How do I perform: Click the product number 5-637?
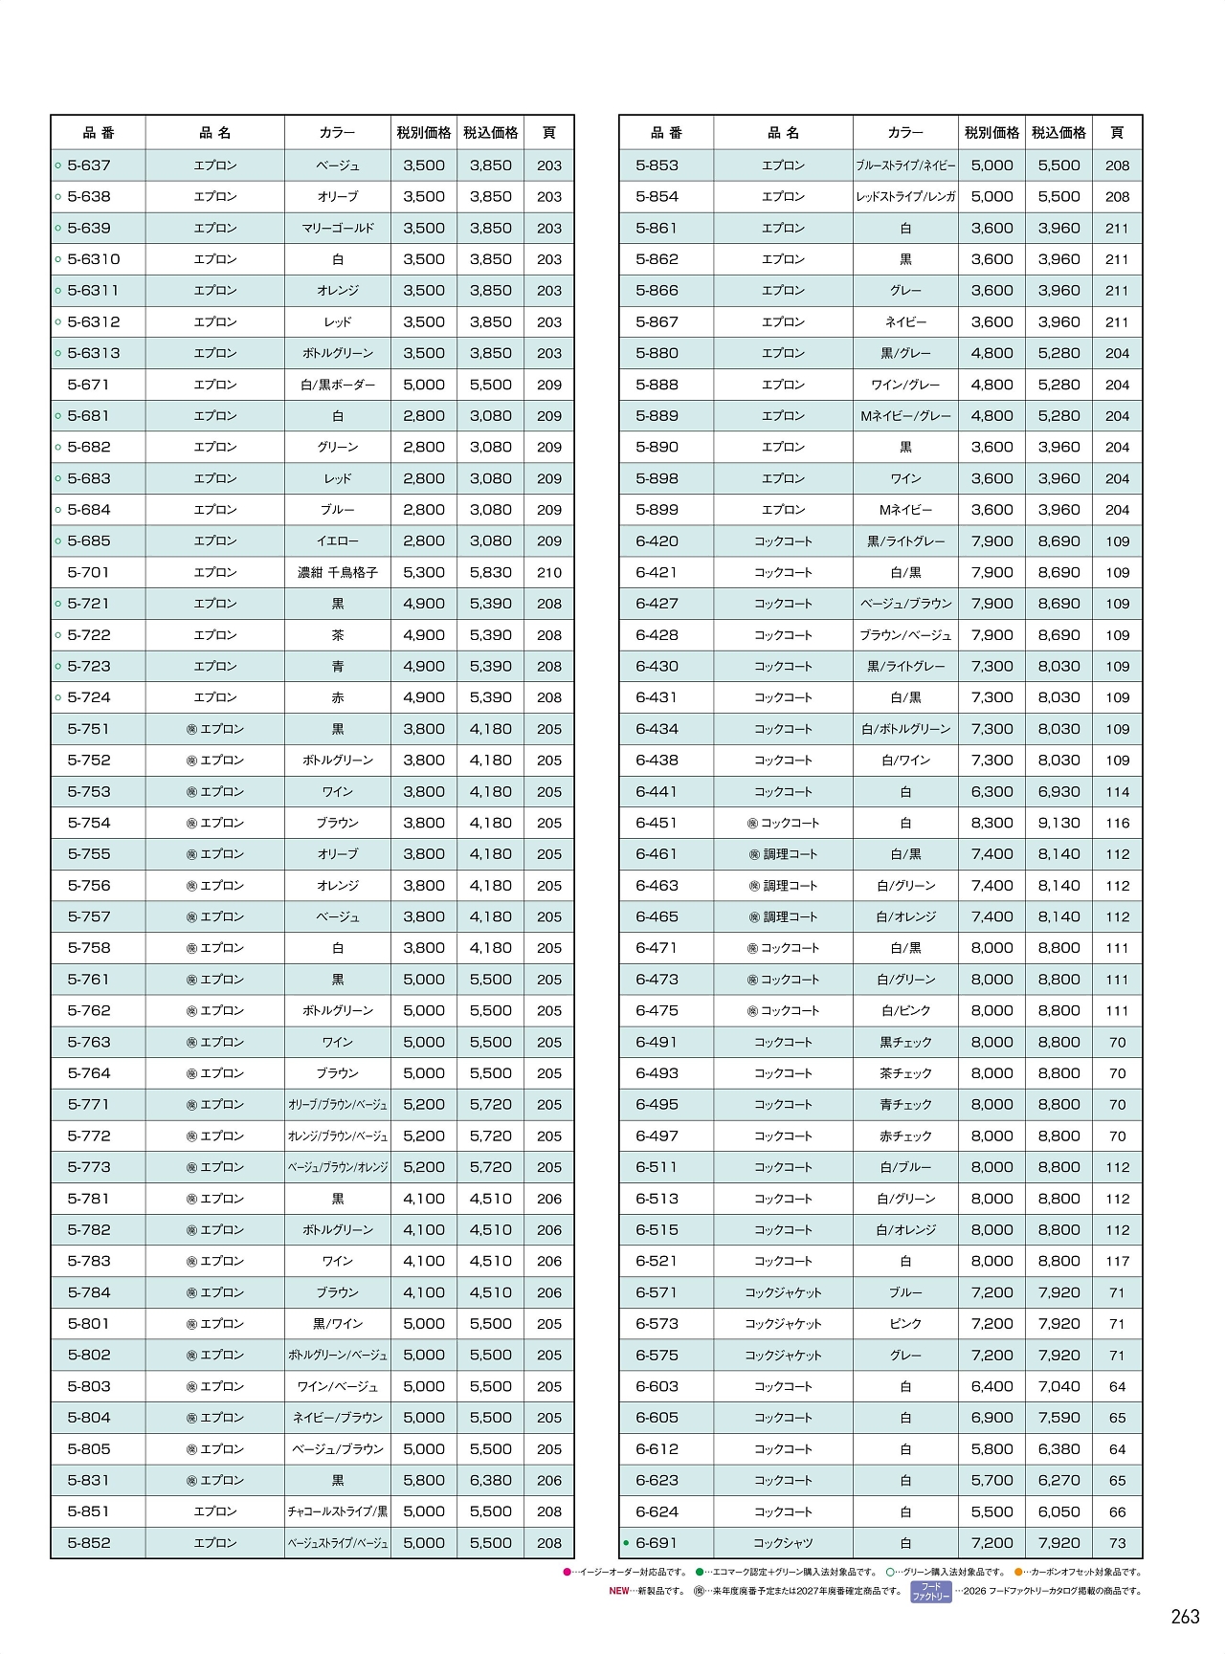[x=89, y=165]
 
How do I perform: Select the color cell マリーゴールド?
[x=338, y=229]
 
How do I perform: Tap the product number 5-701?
[x=89, y=573]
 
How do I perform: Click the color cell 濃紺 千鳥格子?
[x=338, y=573]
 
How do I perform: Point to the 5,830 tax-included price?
[x=491, y=573]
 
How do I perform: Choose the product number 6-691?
[x=657, y=1543]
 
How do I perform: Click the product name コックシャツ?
[x=783, y=1543]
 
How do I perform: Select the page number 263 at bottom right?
[x=1185, y=1617]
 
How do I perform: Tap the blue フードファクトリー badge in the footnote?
[x=930, y=1592]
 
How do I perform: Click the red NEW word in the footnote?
[x=619, y=1591]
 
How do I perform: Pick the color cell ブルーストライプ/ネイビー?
[x=905, y=165]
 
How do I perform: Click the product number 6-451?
[x=657, y=824]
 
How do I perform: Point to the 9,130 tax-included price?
[x=1059, y=824]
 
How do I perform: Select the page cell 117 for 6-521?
[x=1117, y=1262]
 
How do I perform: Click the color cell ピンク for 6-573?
[x=905, y=1324]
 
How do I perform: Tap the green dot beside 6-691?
[x=626, y=1543]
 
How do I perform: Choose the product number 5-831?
[x=89, y=1481]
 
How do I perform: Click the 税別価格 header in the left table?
[x=424, y=133]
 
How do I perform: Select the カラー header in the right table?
[x=905, y=133]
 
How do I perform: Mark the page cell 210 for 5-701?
[x=549, y=573]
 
